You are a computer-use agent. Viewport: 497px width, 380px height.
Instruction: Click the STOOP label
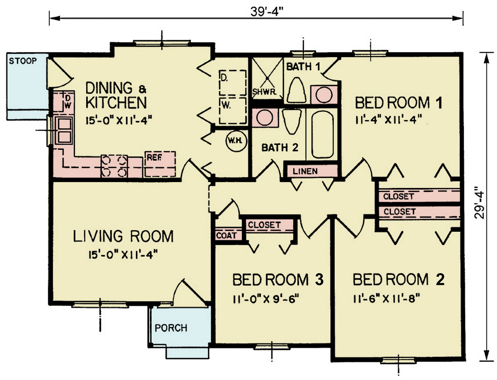[x=23, y=61]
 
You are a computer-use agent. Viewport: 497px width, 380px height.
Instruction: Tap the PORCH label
[x=171, y=328]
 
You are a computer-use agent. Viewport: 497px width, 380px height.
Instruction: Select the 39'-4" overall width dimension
[x=267, y=12]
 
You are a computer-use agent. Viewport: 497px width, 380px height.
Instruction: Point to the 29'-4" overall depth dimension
[x=479, y=203]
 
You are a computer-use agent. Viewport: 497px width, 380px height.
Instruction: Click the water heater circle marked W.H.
[x=236, y=141]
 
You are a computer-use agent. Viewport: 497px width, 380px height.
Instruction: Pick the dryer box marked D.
[x=233, y=82]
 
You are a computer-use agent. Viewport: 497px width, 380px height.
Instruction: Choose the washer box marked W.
[x=233, y=111]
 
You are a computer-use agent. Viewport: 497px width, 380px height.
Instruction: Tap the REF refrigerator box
[x=160, y=164]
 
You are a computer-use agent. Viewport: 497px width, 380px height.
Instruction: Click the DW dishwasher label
[x=68, y=102]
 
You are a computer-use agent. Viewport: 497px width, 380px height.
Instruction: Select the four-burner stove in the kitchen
[x=114, y=166]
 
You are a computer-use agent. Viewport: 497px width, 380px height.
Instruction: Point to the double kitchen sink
[x=64, y=130]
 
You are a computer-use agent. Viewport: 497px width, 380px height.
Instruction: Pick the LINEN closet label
[x=305, y=171]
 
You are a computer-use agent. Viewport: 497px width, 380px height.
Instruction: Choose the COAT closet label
[x=227, y=236]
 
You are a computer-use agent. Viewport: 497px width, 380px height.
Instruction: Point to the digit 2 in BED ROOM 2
[x=439, y=279]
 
